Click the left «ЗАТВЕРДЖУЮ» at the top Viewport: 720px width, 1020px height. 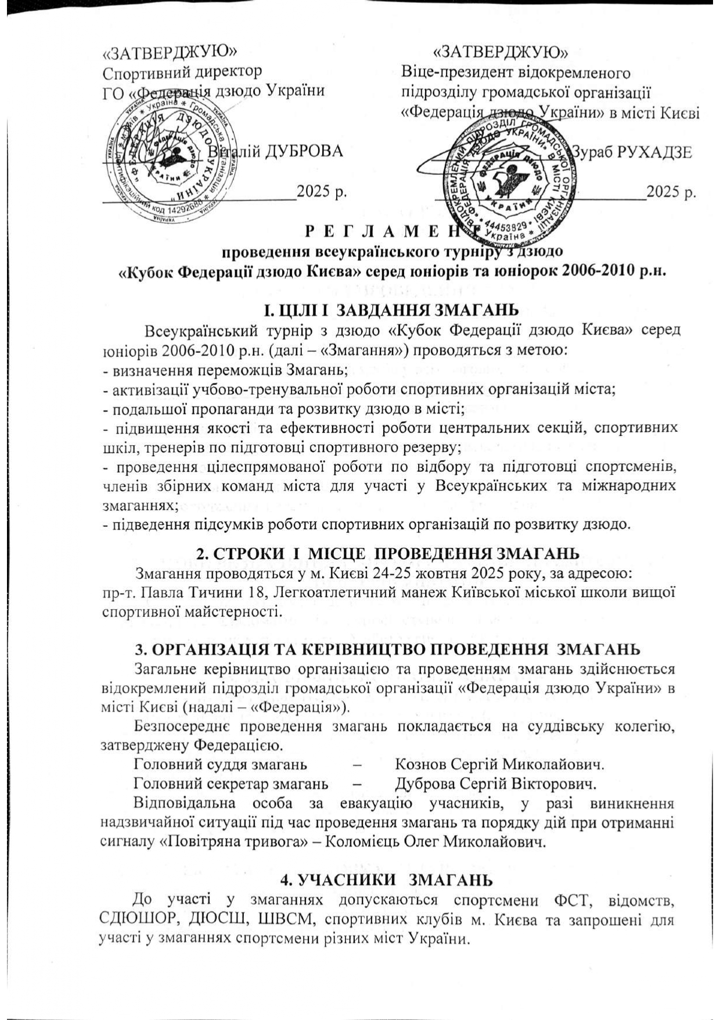pyautogui.click(x=170, y=52)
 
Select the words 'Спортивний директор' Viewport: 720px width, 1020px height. pyautogui.click(x=182, y=71)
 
